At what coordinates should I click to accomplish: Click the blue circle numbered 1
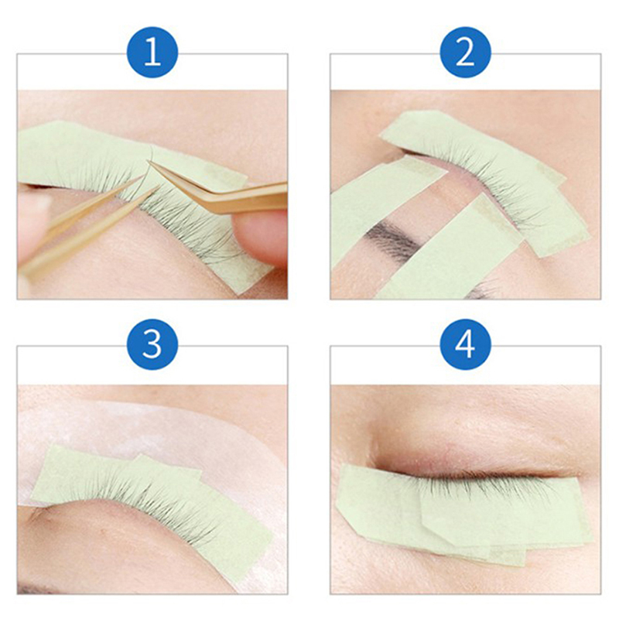pyautogui.click(x=152, y=53)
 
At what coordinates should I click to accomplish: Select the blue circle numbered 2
pyautogui.click(x=466, y=53)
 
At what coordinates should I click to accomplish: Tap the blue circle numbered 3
pyautogui.click(x=152, y=344)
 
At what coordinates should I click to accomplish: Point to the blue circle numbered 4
pyautogui.click(x=466, y=344)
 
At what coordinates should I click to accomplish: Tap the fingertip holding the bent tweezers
pyautogui.click(x=261, y=237)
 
